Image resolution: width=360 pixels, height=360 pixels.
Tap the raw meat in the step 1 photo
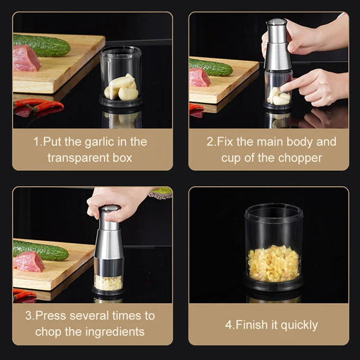[26, 58]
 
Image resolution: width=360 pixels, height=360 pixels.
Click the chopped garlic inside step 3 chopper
[108, 283]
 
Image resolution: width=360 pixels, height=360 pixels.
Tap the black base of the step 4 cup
[274, 284]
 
